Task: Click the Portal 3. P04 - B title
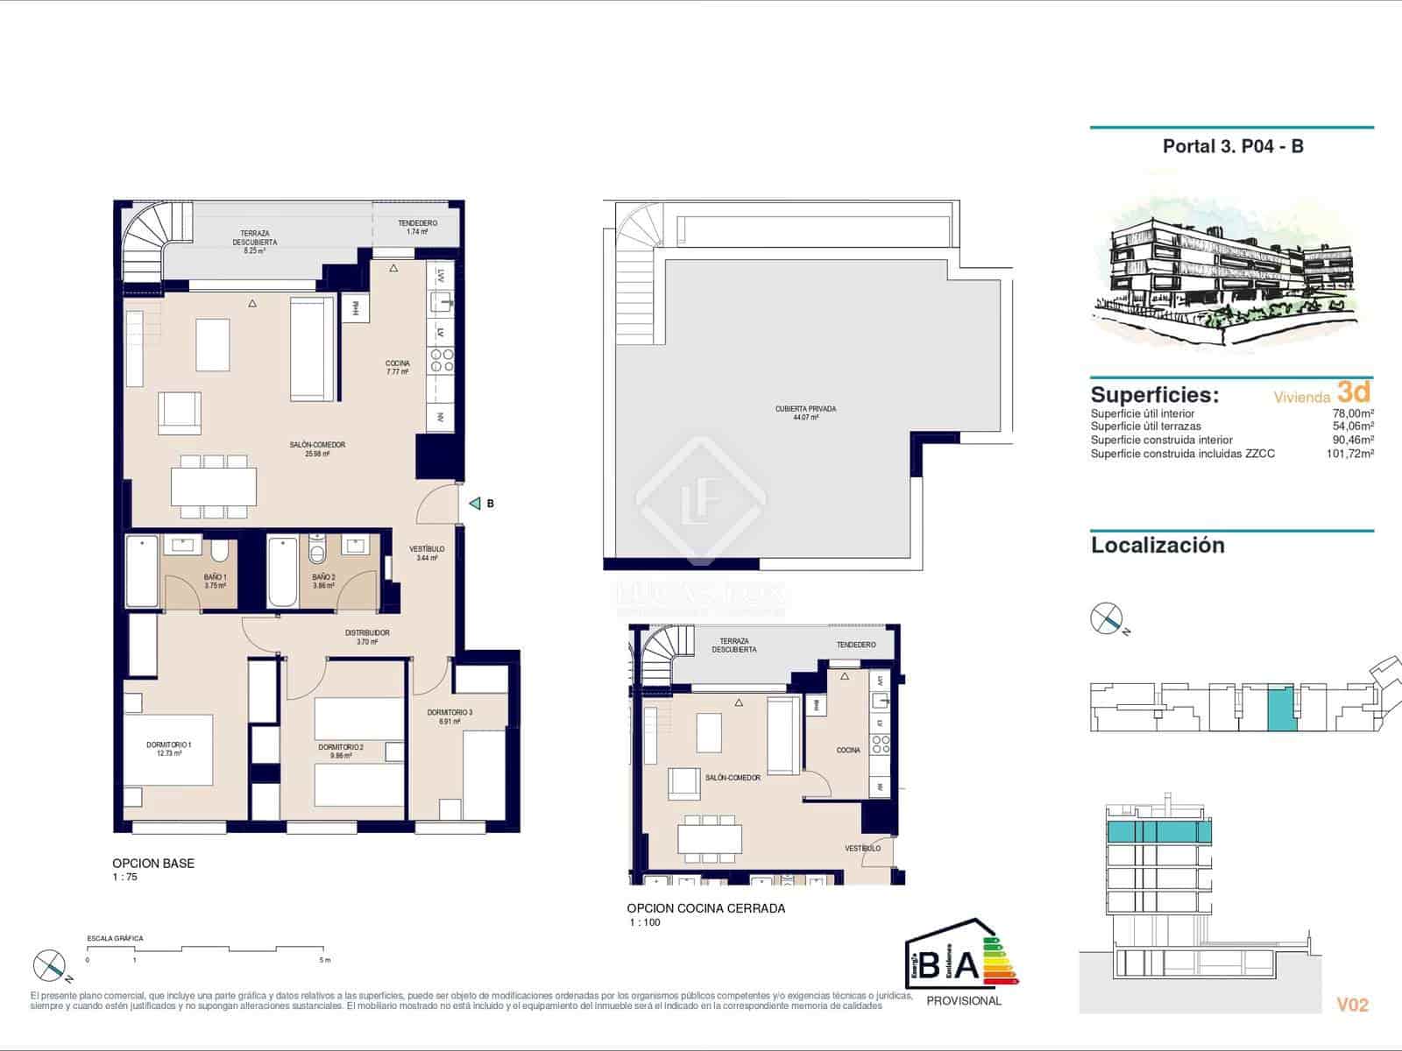pos(1232,146)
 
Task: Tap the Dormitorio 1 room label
pos(169,749)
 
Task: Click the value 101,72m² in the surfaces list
pos(1349,454)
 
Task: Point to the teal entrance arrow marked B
pos(475,504)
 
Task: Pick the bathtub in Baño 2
pos(283,571)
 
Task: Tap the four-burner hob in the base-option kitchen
pos(440,361)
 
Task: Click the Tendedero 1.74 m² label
pos(417,227)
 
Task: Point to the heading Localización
pos(1157,546)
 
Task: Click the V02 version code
pos(1351,1005)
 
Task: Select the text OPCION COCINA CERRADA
pos(705,908)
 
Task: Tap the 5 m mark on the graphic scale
pos(325,960)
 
